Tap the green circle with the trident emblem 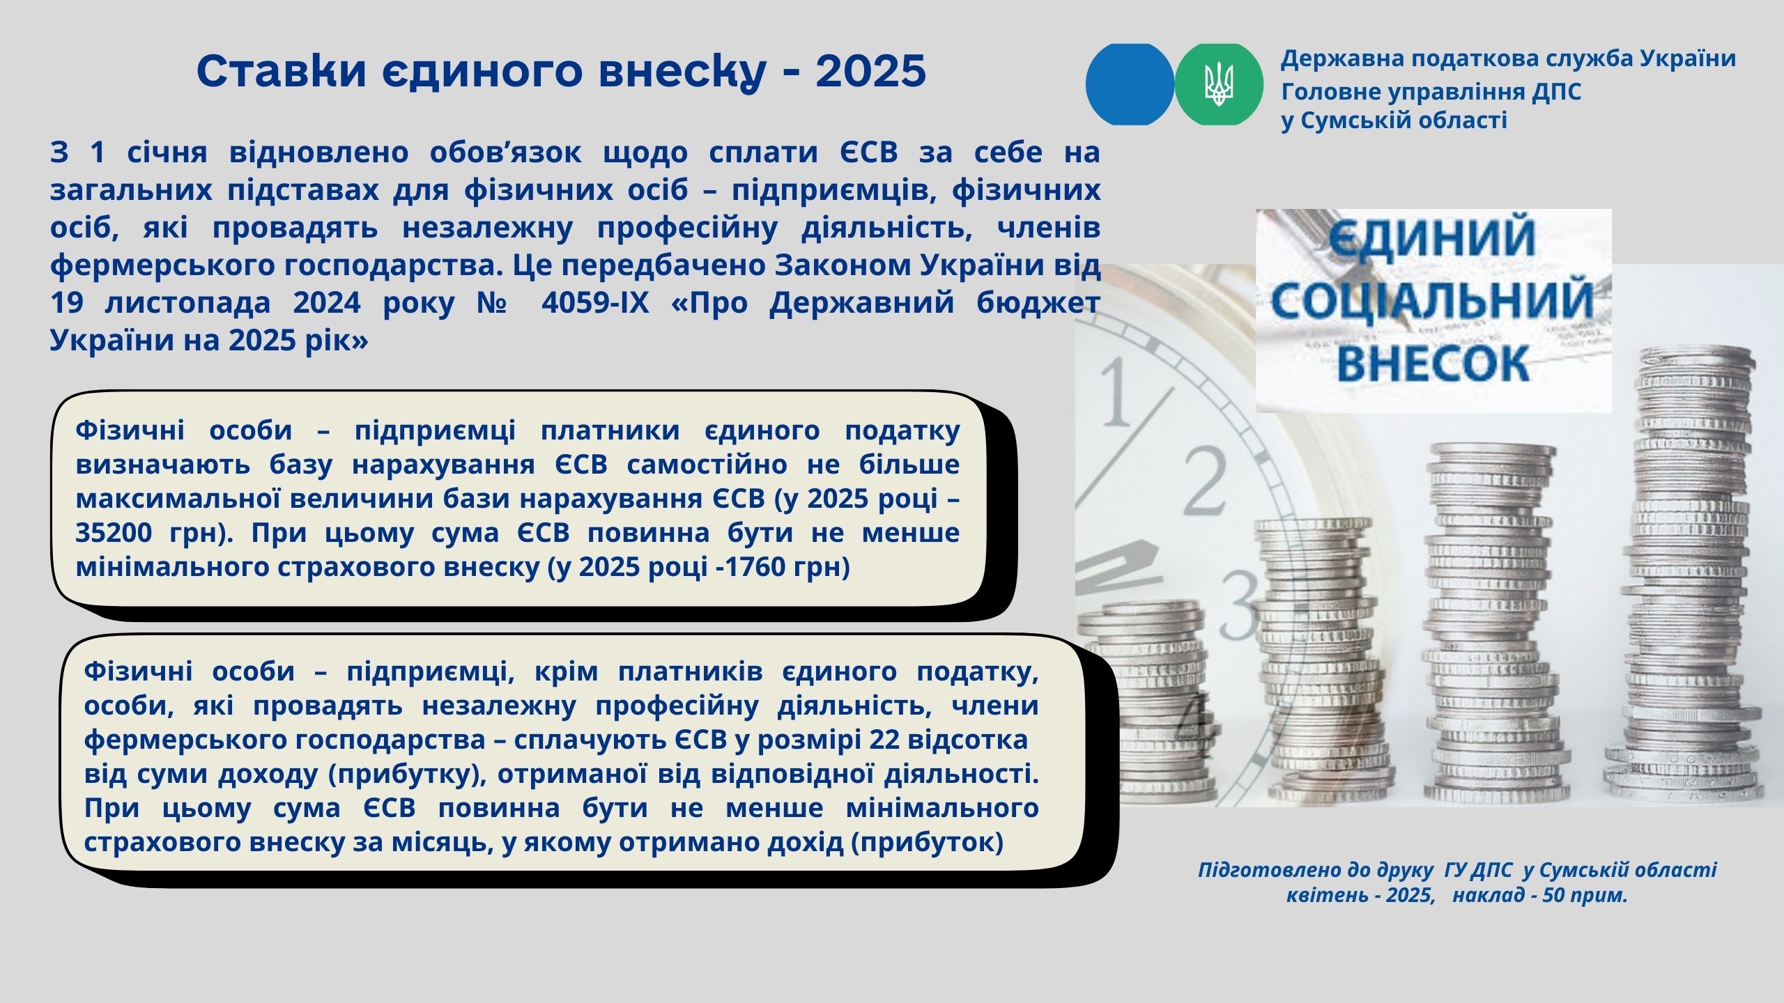pyautogui.click(x=1219, y=84)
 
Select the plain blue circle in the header pyautogui.click(x=1130, y=84)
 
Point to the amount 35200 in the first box pyautogui.click(x=114, y=533)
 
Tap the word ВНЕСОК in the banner pyautogui.click(x=1434, y=363)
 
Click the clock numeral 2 pyautogui.click(x=1205, y=481)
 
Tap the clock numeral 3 pyautogui.click(x=1240, y=598)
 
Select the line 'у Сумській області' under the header pyautogui.click(x=1394, y=120)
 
